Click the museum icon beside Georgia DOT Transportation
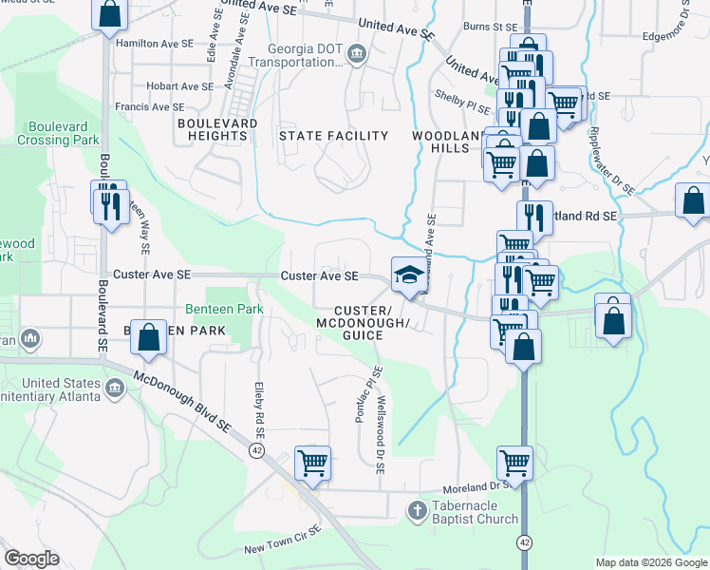pyautogui.click(x=357, y=53)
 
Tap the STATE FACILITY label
pyautogui.click(x=333, y=136)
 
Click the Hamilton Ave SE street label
pyautogui.click(x=154, y=44)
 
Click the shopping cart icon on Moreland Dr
pyautogui.click(x=514, y=463)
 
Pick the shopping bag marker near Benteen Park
pyautogui.click(x=149, y=337)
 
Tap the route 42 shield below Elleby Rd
pyautogui.click(x=256, y=449)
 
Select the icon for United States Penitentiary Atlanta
pyautogui.click(x=115, y=388)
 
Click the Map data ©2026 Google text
pyautogui.click(x=650, y=562)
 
